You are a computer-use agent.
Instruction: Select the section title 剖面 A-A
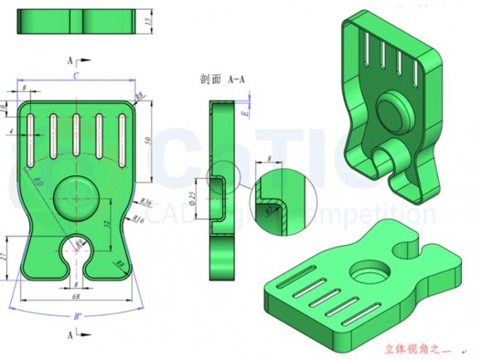coord(222,79)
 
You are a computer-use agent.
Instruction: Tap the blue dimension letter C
coord(74,78)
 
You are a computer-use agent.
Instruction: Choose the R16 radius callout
coord(137,219)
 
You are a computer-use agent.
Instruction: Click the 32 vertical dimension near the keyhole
coord(107,222)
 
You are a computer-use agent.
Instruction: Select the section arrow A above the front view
coord(71,59)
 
